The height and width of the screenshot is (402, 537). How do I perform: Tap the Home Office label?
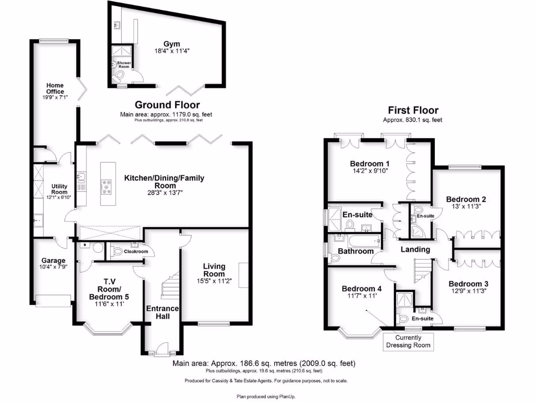(x=55, y=88)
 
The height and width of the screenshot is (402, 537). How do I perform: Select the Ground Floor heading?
(x=167, y=105)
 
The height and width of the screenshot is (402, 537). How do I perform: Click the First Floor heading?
(x=413, y=110)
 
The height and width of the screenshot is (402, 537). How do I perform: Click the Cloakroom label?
(x=135, y=252)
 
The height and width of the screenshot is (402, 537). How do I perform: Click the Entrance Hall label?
(x=162, y=312)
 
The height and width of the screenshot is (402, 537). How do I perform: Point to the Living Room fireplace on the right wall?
(x=243, y=275)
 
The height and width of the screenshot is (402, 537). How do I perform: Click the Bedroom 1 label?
(x=368, y=164)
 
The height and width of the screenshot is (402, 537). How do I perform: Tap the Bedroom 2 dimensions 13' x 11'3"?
(x=466, y=207)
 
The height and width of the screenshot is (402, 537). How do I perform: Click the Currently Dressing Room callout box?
(x=409, y=341)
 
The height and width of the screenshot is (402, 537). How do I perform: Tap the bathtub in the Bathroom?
(x=361, y=242)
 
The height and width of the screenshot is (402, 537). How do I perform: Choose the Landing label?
(x=415, y=250)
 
